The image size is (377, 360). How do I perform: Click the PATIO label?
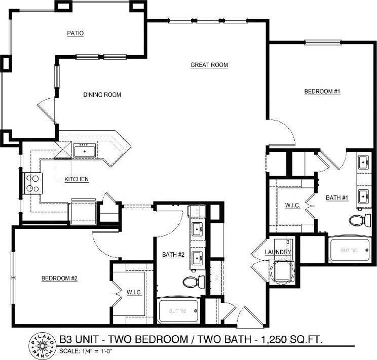point(75,33)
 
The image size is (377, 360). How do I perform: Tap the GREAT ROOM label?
point(209,65)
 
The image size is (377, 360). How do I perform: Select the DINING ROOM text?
point(102,94)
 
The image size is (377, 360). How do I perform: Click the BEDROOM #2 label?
point(59,278)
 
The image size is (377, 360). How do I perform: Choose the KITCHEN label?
point(77,179)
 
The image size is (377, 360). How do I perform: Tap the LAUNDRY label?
point(278,252)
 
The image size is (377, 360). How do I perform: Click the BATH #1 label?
point(336,197)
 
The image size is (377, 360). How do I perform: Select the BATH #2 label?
point(173,254)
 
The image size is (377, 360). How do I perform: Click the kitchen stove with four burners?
point(33,183)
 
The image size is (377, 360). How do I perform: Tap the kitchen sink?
point(83,150)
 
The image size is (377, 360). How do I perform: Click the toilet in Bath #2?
point(193,282)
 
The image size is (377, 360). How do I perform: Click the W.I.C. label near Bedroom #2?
point(134,292)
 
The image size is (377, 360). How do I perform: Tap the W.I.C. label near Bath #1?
point(293,206)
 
